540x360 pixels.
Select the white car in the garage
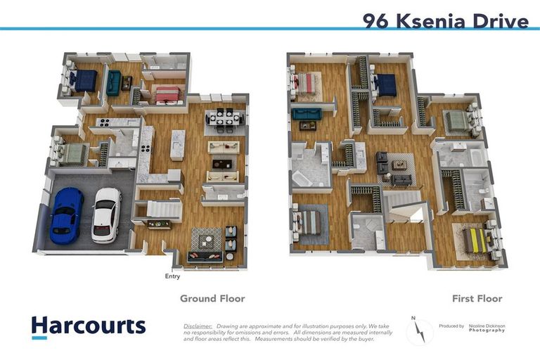(106, 214)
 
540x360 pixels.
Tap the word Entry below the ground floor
(172, 276)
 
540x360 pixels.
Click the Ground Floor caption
(212, 299)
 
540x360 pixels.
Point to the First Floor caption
(477, 299)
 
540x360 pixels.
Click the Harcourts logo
(89, 326)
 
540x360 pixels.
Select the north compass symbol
(420, 330)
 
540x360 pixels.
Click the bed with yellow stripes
(477, 240)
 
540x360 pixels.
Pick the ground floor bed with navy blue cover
(84, 81)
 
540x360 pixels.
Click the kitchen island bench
(177, 144)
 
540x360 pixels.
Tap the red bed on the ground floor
(167, 94)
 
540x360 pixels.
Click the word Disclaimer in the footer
(197, 327)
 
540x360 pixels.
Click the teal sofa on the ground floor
(112, 83)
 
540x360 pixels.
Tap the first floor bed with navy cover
(385, 86)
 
